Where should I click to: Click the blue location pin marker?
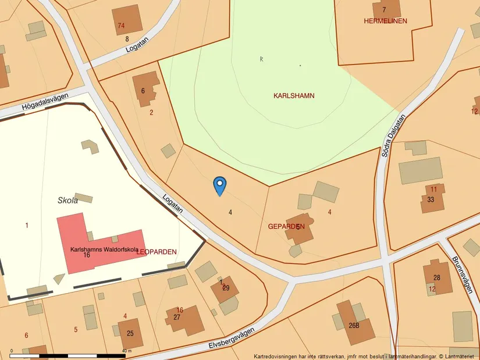coord(220,186)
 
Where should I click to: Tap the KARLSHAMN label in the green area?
coord(294,95)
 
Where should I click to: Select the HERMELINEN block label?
coord(385,21)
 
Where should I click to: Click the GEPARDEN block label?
coord(286,226)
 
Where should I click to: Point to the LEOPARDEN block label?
coord(157,252)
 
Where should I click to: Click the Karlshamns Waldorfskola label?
coord(104,249)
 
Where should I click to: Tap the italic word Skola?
coord(67,201)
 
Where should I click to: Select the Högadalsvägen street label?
coord(45,102)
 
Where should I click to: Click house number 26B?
coord(354,326)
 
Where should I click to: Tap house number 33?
coord(431,199)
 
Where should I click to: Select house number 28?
coord(437,277)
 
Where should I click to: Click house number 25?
coord(130,333)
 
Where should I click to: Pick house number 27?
coord(177,317)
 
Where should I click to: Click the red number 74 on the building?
coord(121,26)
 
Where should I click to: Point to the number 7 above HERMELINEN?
coord(384,9)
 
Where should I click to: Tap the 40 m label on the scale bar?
coord(126,352)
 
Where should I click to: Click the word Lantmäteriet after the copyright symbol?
coord(460,356)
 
